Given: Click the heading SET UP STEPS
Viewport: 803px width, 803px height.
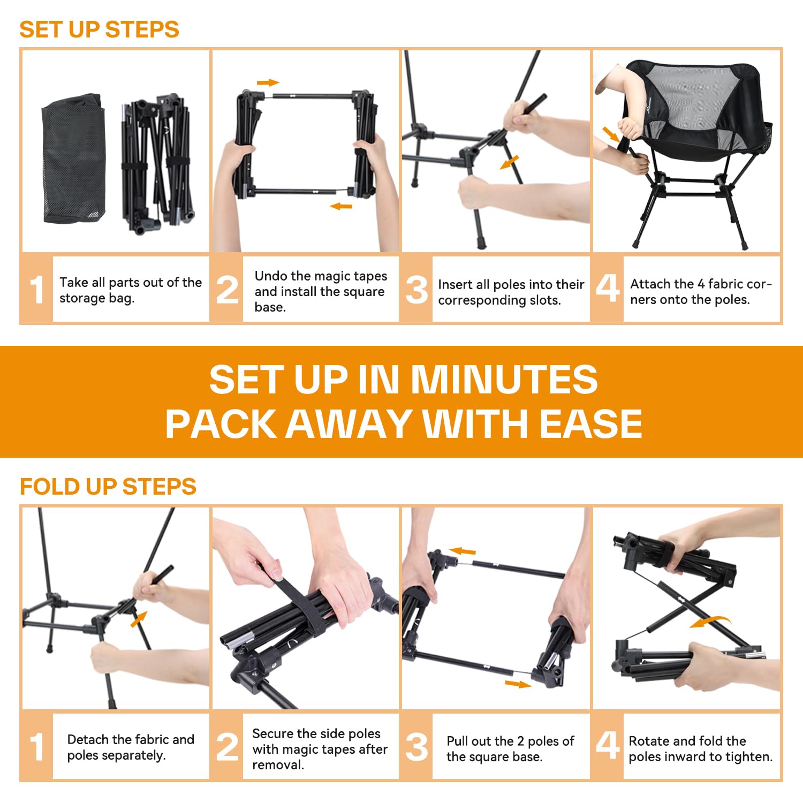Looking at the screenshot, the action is click(x=99, y=29).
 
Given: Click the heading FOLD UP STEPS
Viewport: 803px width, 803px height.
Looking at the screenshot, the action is click(x=108, y=487).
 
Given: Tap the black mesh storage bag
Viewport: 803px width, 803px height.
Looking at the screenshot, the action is click(x=74, y=158).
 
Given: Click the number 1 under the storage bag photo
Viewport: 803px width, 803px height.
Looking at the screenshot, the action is click(x=37, y=290).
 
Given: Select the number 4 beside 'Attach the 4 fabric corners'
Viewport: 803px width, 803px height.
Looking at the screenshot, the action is click(x=608, y=288).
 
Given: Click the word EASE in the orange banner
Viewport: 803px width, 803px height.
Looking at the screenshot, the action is click(x=590, y=423).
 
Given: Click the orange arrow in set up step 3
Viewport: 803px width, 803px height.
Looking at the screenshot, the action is click(x=509, y=162).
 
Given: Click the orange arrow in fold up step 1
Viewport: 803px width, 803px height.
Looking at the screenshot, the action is click(x=139, y=619).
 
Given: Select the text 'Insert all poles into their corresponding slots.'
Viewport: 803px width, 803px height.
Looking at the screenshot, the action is click(x=511, y=292).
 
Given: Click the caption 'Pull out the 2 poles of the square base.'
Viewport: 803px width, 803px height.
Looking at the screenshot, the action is click(x=510, y=748).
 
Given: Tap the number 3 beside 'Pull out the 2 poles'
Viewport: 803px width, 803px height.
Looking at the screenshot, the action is click(x=416, y=747).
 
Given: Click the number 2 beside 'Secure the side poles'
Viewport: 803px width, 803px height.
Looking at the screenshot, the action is click(x=228, y=747).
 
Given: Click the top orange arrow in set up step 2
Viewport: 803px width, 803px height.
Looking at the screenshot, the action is click(x=268, y=82).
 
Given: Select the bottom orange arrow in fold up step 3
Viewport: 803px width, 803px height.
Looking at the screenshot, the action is click(x=518, y=684).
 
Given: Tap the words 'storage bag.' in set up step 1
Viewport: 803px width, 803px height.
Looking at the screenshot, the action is click(x=97, y=298).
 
